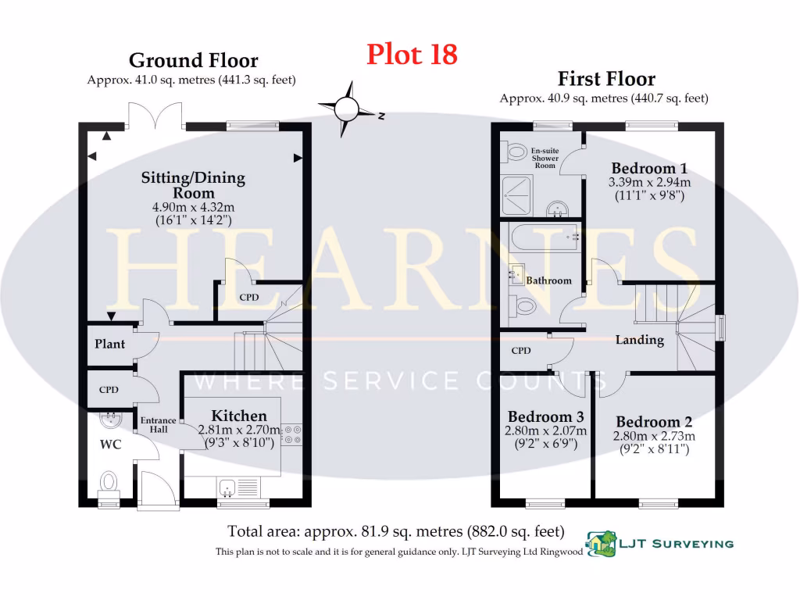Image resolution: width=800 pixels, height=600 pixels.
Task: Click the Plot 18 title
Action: tap(412, 55)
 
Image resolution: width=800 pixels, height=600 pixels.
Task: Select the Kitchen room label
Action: tap(239, 416)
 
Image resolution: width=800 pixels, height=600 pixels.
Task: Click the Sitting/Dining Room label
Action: tap(193, 185)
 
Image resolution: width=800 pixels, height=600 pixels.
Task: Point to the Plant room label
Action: tap(110, 344)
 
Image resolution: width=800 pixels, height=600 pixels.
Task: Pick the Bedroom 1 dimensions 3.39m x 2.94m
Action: tap(649, 183)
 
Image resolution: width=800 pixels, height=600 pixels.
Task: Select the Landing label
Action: tap(639, 340)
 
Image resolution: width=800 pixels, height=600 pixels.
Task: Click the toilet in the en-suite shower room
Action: tap(516, 150)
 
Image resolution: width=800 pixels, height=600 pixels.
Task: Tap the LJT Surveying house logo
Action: tap(600, 541)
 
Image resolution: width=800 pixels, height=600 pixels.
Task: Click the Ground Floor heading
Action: tap(193, 60)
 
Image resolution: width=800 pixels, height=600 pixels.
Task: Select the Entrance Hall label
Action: tap(158, 424)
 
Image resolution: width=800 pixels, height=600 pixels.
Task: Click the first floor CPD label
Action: tap(521, 351)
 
